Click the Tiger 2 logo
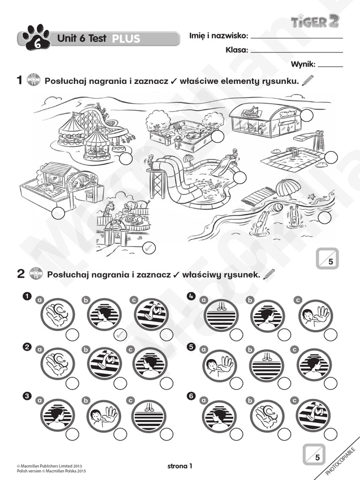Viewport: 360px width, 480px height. pos(315,22)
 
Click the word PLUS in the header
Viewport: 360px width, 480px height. pos(126,39)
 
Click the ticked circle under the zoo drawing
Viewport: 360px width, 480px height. pos(149,247)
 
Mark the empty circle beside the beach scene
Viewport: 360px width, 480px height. pos(324,217)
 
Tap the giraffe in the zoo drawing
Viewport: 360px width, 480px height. pos(109,208)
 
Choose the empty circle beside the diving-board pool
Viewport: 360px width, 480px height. pos(331,157)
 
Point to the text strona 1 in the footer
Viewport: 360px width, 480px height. pos(180,466)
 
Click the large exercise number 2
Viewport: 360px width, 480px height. pos(21,275)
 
